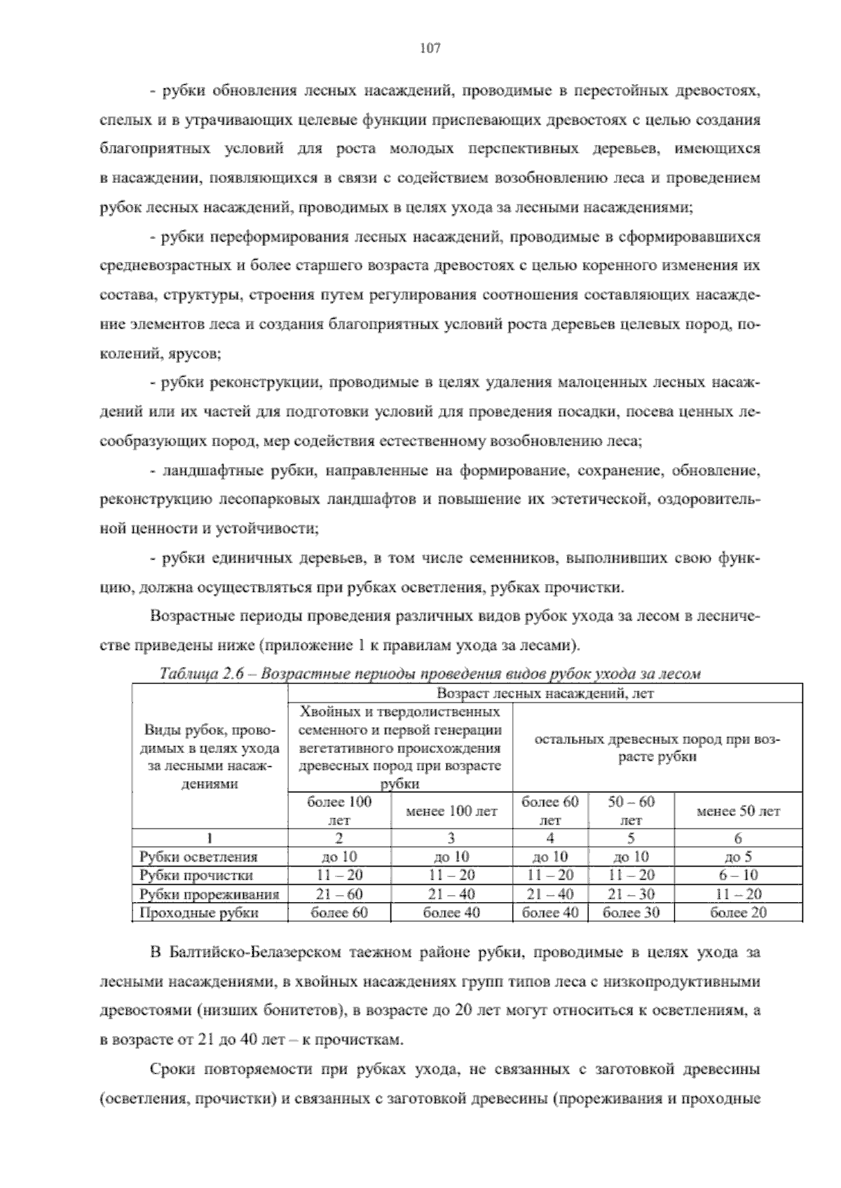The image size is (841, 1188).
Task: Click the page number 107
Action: (429, 48)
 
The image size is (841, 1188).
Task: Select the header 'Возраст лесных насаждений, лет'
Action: (545, 693)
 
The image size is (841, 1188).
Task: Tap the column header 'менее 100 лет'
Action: (451, 811)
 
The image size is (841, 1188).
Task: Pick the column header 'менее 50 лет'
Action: (738, 811)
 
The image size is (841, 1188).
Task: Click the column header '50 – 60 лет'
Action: (631, 810)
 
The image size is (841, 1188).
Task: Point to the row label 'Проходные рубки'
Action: (199, 913)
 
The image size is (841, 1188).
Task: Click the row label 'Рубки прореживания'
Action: (210, 895)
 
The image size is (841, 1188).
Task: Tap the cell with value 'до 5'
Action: (738, 857)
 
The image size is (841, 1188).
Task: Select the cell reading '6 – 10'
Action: (738, 876)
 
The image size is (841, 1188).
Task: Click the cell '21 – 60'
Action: (339, 895)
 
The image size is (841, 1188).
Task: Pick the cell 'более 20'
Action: (738, 913)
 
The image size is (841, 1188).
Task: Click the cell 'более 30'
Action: (631, 913)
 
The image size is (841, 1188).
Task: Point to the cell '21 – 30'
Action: (631, 895)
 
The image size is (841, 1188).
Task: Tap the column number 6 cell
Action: (738, 838)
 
